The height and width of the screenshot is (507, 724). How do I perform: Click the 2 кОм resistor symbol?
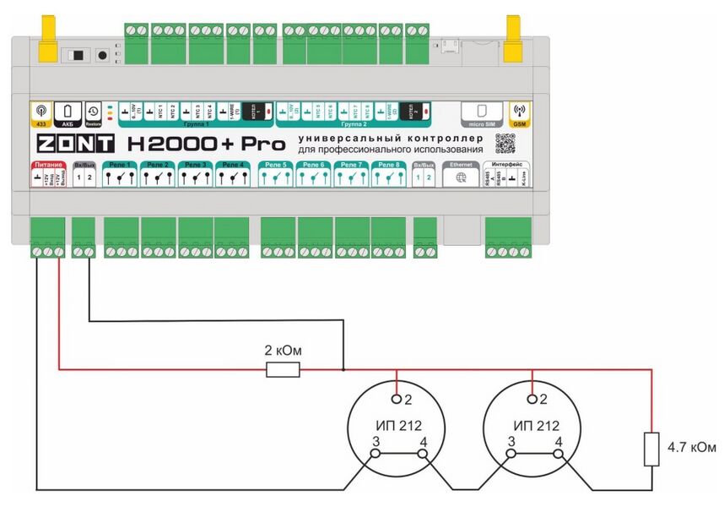point(283,369)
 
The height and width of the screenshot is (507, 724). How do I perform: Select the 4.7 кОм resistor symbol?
point(651,449)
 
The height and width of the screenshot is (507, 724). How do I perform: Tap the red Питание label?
point(49,164)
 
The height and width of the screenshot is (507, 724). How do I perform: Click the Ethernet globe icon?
point(461,178)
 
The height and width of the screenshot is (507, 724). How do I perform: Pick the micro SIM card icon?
point(478,112)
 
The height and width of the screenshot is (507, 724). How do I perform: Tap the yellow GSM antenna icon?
point(520,112)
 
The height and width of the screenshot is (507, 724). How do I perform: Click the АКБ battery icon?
point(67,112)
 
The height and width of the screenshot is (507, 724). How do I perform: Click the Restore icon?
point(92,112)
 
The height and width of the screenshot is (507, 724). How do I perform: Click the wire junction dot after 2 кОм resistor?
point(343,369)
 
